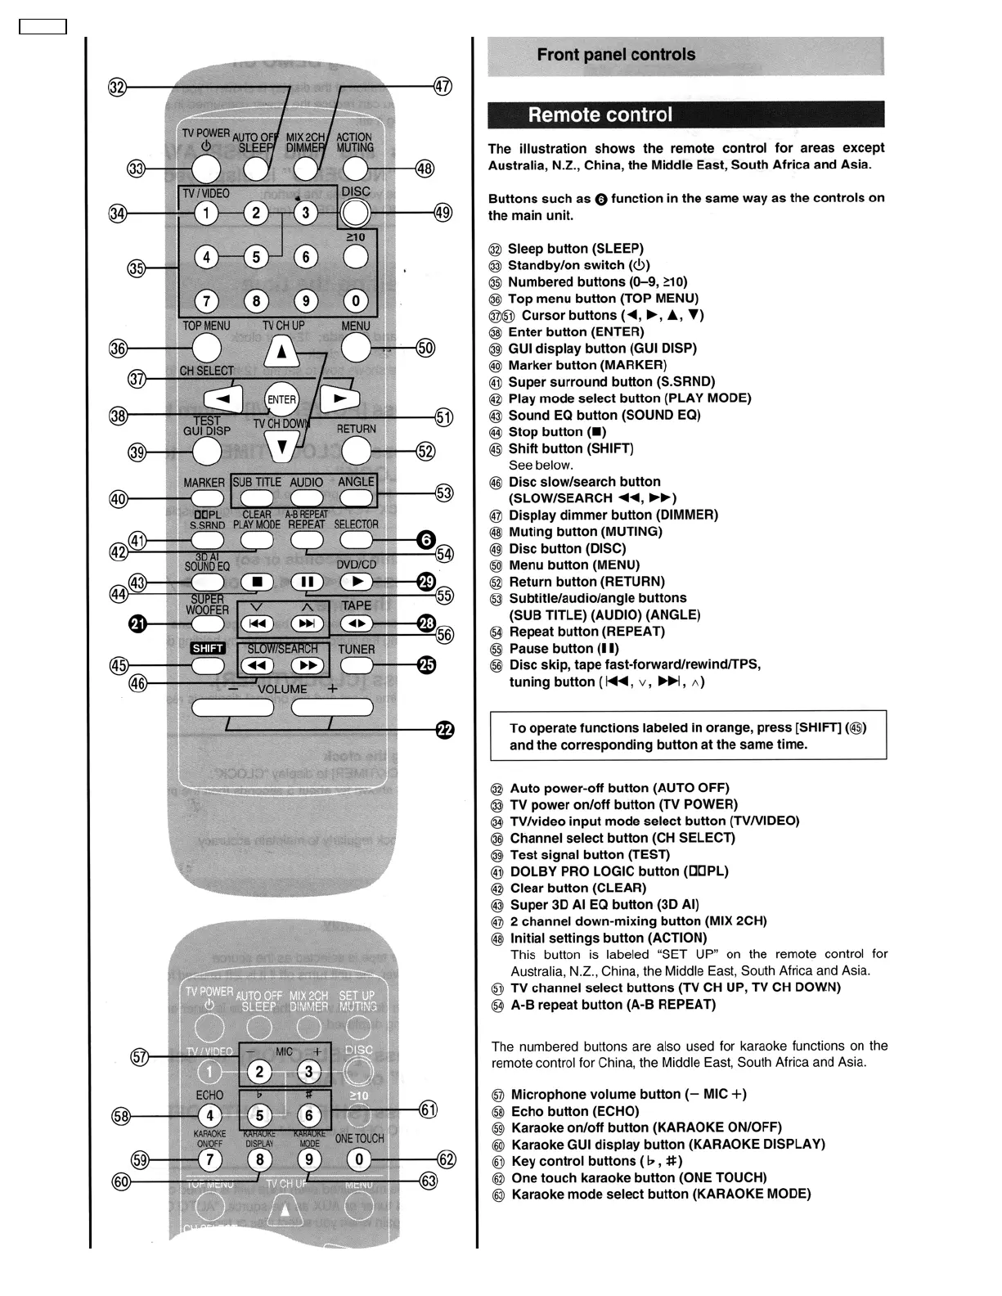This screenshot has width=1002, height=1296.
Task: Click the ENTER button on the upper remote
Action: [281, 399]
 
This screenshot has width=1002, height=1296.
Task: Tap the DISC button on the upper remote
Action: [355, 213]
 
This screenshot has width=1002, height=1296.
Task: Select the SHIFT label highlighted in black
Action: [208, 648]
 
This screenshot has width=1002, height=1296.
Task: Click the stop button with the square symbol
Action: [257, 582]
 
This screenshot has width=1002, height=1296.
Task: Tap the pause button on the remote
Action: [307, 582]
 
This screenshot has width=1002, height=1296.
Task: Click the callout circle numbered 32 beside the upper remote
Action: [118, 87]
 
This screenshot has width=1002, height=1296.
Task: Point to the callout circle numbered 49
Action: [443, 213]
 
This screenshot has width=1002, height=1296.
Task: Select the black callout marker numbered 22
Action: [444, 730]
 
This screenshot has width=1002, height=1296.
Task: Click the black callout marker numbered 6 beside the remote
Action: [426, 539]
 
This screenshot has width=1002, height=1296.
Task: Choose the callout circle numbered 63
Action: [428, 1181]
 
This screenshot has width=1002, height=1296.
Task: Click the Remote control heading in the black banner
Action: [600, 115]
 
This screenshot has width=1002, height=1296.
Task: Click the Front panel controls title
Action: [616, 55]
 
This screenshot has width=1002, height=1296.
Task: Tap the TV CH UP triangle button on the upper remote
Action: [281, 352]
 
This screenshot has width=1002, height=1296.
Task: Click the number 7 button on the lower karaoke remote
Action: [209, 1159]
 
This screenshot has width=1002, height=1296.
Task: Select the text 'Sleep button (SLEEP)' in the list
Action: [575, 249]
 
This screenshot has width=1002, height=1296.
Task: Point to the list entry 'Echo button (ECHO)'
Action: [574, 1111]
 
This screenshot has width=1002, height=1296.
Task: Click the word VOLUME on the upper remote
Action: [282, 689]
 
